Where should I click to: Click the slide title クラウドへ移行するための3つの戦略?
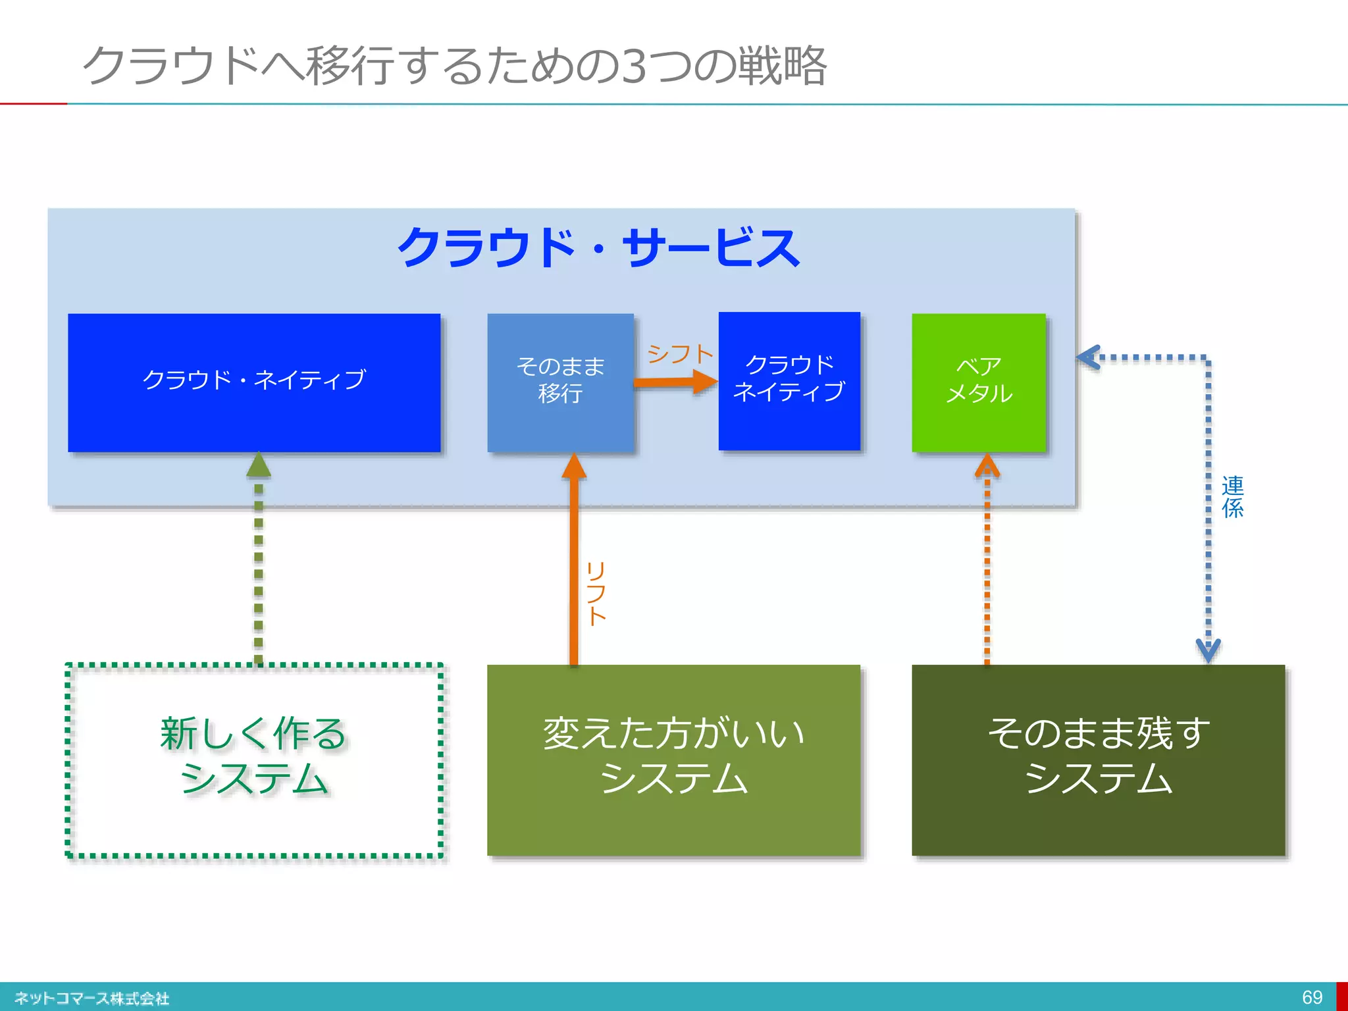point(454,66)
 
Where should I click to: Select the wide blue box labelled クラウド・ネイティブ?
point(254,382)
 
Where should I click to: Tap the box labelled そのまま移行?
point(560,382)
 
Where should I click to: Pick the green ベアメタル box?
point(978,382)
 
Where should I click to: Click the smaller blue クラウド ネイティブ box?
point(789,380)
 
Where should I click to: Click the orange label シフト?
point(680,354)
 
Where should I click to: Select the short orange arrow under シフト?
point(675,382)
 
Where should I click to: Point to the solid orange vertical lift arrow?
point(574,566)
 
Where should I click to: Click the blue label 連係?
point(1232,497)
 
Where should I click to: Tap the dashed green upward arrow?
point(259,559)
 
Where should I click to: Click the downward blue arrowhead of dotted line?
point(1208,650)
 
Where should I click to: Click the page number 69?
point(1312,997)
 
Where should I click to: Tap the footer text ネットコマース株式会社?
point(92,998)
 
